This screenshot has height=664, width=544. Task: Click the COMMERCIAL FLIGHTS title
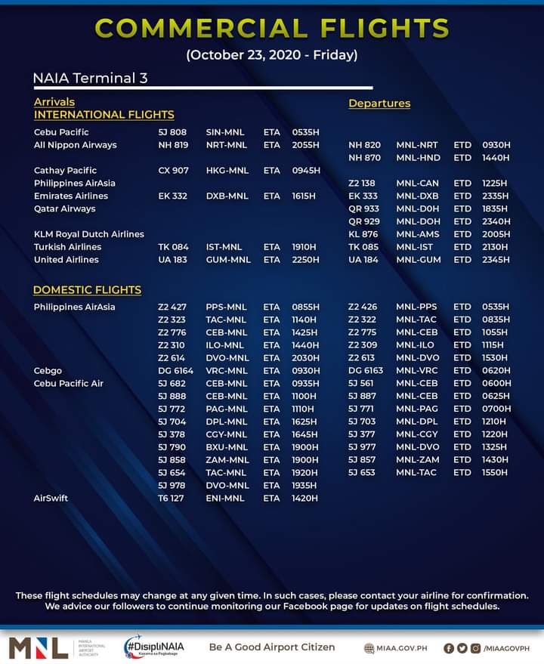click(272, 28)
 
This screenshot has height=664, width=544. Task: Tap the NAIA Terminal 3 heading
click(89, 79)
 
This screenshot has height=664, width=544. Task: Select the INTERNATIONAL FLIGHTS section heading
click(104, 115)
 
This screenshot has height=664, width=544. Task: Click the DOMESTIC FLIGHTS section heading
click(87, 290)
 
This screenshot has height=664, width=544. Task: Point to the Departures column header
click(379, 103)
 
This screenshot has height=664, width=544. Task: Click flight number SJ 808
click(172, 132)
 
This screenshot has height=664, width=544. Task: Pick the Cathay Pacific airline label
click(65, 171)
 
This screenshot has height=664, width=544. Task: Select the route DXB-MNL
click(227, 196)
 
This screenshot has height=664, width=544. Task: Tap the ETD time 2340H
click(496, 221)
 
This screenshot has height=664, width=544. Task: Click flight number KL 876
click(363, 234)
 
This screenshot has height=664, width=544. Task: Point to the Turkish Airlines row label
click(67, 247)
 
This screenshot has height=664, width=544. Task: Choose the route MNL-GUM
click(417, 260)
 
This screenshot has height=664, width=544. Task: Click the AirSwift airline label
click(51, 499)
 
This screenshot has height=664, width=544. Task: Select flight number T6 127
click(172, 499)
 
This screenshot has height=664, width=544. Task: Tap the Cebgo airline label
click(48, 371)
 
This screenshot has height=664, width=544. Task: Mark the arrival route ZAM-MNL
click(227, 460)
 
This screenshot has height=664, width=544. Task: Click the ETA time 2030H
click(305, 358)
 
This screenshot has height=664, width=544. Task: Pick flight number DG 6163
click(366, 371)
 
